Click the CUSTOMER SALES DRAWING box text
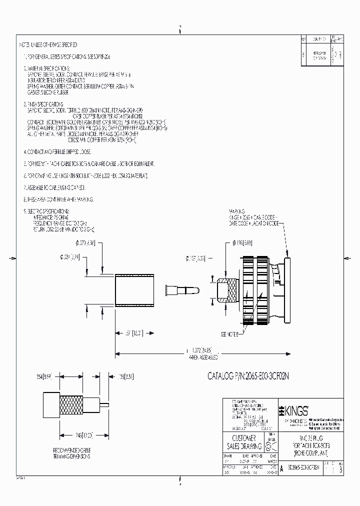[x=242, y=442]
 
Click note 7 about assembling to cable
[x=55, y=187]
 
